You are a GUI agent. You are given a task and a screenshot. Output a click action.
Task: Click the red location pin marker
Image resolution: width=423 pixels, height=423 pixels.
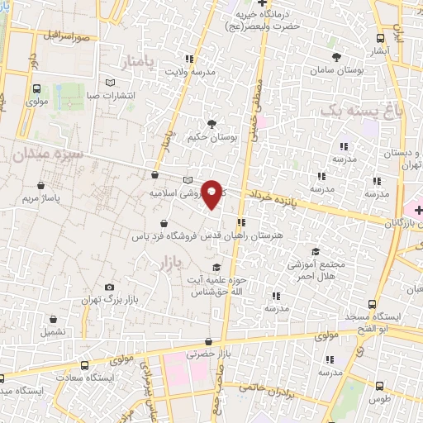pos(212,194)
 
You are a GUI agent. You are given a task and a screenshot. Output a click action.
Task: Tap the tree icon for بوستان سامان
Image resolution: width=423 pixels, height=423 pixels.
pos(336,57)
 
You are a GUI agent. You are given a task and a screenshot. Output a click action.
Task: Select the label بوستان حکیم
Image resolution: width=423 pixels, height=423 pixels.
pos(212,138)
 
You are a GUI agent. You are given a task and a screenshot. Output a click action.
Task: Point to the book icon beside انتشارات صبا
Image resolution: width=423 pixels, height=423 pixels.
pos(112,83)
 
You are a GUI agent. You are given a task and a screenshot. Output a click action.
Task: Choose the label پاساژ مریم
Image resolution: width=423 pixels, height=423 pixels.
pos(41,199)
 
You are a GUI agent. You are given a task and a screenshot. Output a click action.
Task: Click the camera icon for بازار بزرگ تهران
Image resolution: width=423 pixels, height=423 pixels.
pos(108,288)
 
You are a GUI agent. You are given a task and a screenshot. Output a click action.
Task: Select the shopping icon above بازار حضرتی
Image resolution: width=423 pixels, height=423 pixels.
pos(207,340)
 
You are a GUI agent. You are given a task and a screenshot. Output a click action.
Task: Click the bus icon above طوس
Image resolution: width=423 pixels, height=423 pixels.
pos(379,386)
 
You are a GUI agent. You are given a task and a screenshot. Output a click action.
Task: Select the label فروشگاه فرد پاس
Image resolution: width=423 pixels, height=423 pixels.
pos(165,235)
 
